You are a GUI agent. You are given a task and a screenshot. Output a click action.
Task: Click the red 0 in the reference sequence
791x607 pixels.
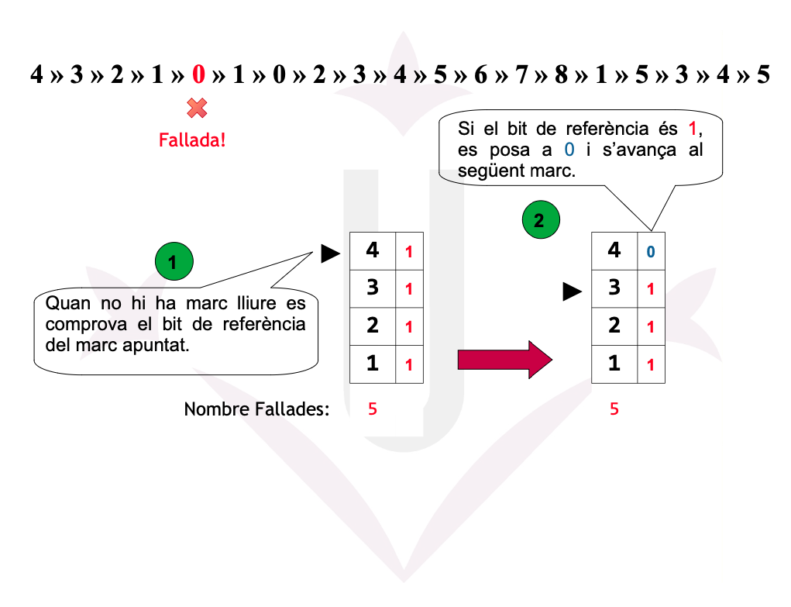click(198, 75)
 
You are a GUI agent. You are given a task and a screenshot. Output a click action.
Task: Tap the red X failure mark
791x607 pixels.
click(197, 109)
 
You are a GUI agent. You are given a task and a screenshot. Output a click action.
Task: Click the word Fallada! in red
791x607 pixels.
click(192, 140)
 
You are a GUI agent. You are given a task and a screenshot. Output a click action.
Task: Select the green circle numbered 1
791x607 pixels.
click(173, 262)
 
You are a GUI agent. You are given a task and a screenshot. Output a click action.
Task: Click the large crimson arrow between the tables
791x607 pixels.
click(504, 360)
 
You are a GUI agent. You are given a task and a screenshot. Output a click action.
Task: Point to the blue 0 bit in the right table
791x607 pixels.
click(651, 252)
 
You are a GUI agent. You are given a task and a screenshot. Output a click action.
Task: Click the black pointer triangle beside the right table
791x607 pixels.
click(572, 291)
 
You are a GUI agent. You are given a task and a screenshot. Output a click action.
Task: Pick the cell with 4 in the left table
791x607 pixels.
click(373, 250)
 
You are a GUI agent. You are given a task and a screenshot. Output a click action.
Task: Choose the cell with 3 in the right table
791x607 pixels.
click(614, 288)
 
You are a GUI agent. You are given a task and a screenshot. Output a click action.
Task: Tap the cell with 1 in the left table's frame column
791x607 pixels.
click(373, 363)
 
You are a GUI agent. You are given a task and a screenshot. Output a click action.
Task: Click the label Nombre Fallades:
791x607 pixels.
click(256, 409)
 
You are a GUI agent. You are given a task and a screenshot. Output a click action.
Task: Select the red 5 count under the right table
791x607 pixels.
click(614, 409)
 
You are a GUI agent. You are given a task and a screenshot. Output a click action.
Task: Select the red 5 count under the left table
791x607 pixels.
click(373, 409)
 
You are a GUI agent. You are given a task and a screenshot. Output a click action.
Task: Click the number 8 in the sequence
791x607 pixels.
click(561, 75)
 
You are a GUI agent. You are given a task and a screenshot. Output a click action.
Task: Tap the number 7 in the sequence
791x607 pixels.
click(521, 75)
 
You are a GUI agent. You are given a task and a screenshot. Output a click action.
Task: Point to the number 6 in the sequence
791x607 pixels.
click(480, 75)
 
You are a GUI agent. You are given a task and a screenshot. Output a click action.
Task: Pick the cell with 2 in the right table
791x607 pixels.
click(614, 325)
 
